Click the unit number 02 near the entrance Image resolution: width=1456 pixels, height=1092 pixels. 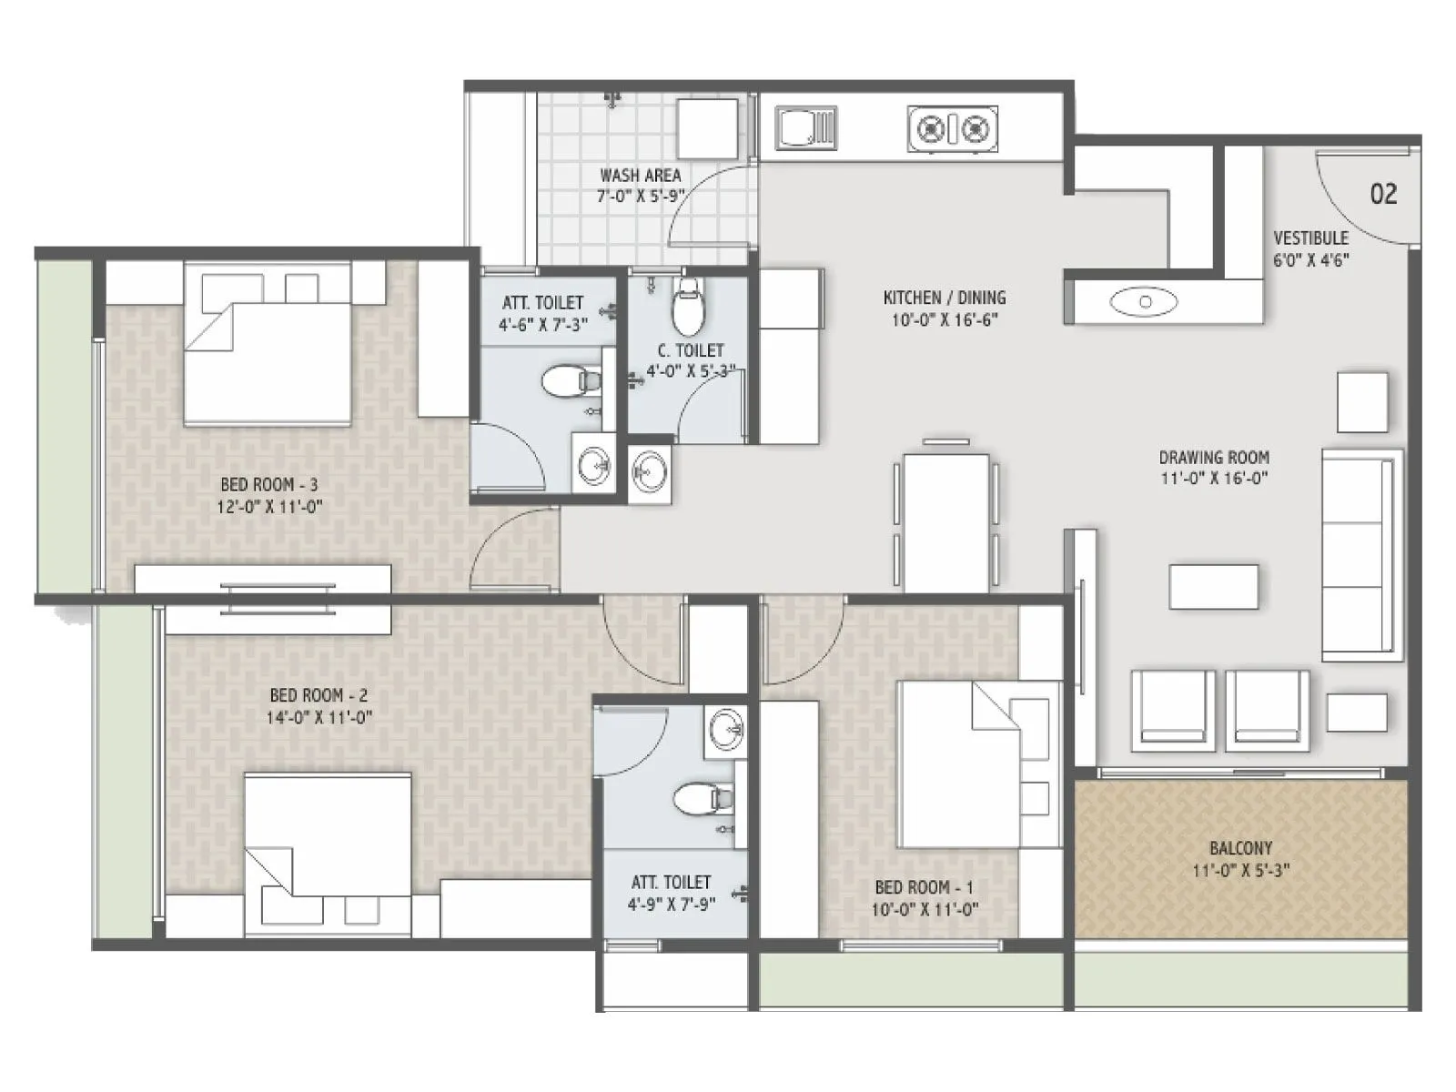1382,194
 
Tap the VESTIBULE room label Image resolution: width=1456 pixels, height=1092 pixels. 1310,238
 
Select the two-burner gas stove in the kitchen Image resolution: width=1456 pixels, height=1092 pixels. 952,129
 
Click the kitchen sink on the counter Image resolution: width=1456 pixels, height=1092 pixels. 805,127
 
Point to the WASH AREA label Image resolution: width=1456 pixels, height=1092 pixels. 640,175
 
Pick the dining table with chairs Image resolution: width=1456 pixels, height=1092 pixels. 946,521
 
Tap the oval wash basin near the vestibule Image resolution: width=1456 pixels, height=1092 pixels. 1145,301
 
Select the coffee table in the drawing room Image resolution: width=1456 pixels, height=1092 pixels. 1214,587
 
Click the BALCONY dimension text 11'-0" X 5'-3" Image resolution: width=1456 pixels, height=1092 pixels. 1240,871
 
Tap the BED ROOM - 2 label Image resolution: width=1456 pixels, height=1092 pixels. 318,695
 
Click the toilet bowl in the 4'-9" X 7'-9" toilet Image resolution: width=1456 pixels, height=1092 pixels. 703,799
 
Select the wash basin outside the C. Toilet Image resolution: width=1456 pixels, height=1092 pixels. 650,472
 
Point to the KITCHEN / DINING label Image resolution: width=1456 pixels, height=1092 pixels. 945,298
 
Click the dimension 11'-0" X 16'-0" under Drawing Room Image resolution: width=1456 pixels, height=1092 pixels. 1214,479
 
